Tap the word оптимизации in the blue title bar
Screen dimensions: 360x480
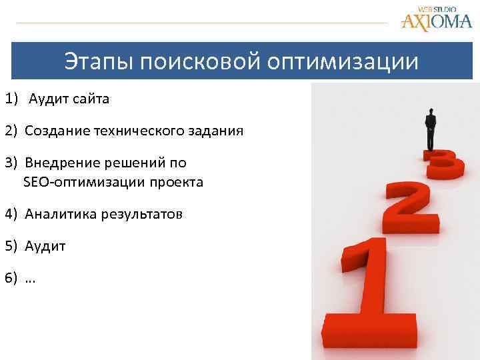point(344,62)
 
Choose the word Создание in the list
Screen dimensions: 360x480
point(53,131)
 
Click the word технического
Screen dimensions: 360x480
point(133,131)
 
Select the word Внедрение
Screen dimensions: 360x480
point(57,163)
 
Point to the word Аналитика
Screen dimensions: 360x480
point(58,213)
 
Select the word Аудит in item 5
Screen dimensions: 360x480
point(45,245)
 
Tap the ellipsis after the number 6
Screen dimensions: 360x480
point(31,279)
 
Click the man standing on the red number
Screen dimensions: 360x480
point(431,129)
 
